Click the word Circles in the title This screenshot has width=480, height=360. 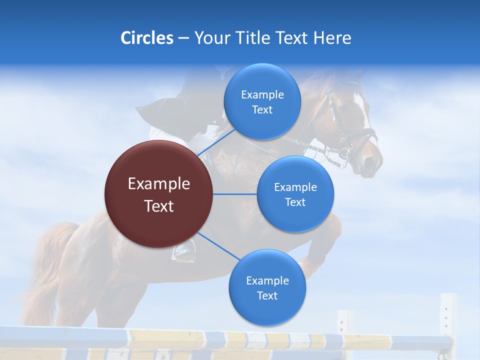tap(146, 38)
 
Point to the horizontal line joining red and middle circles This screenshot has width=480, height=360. tap(235, 194)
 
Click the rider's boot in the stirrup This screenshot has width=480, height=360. tap(184, 250)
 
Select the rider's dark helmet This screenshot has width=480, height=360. tap(197, 82)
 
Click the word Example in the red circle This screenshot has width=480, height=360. tap(158, 184)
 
